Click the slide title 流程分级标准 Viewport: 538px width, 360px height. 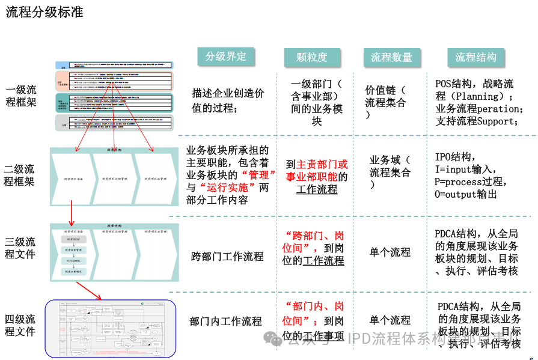(x=44, y=13)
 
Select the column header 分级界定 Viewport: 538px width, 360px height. (x=225, y=56)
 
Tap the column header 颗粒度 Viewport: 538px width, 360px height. (x=312, y=57)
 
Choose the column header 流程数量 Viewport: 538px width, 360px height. (x=391, y=57)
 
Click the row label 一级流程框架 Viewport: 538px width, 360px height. (x=21, y=96)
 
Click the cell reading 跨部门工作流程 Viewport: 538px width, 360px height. (x=227, y=257)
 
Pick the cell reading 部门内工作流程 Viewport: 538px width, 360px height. (x=225, y=321)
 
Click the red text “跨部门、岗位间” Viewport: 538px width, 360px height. (x=313, y=240)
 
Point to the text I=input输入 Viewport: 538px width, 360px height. (x=465, y=169)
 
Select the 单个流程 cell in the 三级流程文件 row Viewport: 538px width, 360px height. (x=390, y=252)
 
